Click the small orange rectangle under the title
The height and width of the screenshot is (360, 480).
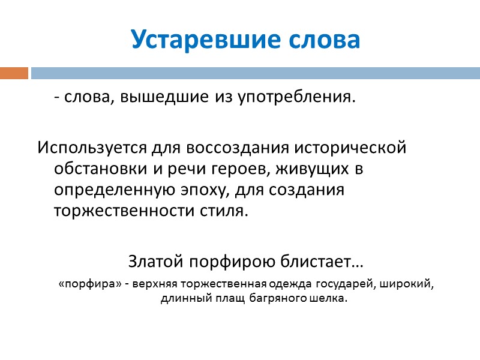tap(14, 73)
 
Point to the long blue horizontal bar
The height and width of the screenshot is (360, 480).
tap(255, 73)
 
